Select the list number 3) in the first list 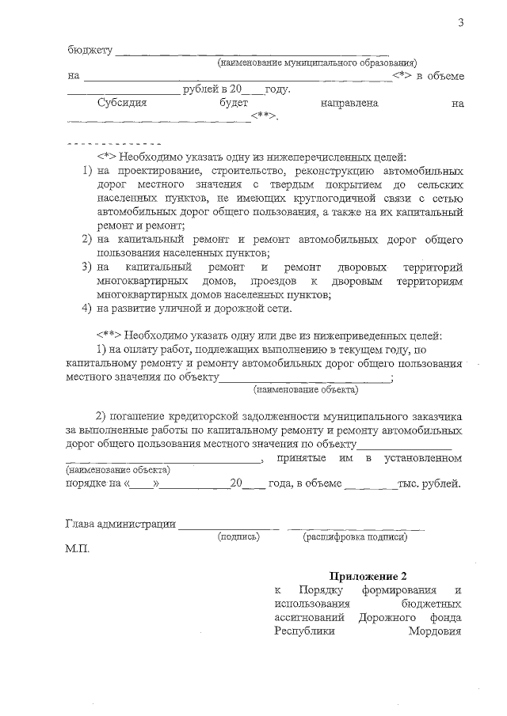tap(89, 267)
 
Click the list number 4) tap(89, 308)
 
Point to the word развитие tap(135, 308)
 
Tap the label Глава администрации tap(120, 524)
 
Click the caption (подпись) tap(238, 536)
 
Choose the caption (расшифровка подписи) tap(355, 536)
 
